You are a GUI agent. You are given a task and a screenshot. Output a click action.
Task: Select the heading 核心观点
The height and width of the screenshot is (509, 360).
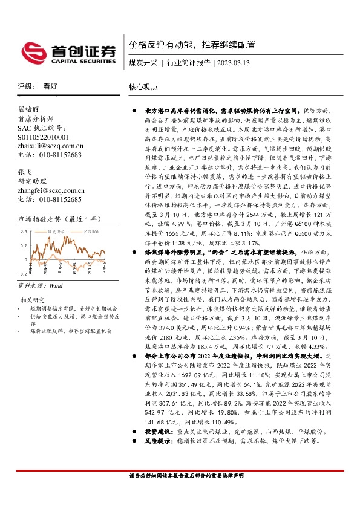click(x=143, y=86)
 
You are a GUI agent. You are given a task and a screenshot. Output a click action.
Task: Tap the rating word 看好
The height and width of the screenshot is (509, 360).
click(x=50, y=86)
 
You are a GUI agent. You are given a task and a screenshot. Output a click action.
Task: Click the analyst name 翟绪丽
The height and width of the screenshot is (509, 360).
click(x=28, y=110)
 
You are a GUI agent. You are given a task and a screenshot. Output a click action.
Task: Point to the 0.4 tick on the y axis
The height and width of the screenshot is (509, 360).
click(x=23, y=232)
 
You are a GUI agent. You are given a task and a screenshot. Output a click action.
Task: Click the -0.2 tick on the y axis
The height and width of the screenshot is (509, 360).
click(x=22, y=273)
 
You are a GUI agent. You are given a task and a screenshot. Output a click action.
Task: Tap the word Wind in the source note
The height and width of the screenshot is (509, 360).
click(x=55, y=284)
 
